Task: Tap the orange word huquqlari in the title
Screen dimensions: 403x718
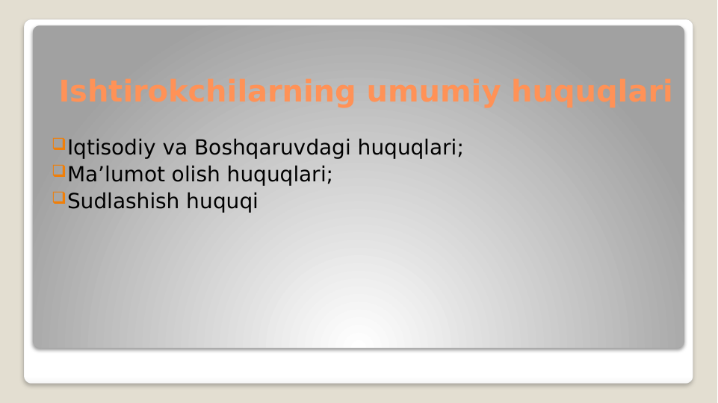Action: click(x=591, y=93)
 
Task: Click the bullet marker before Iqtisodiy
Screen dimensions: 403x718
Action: click(x=59, y=143)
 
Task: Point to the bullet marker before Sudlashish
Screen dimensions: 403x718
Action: click(x=59, y=198)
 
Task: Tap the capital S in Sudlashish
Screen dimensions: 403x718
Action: click(x=74, y=201)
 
